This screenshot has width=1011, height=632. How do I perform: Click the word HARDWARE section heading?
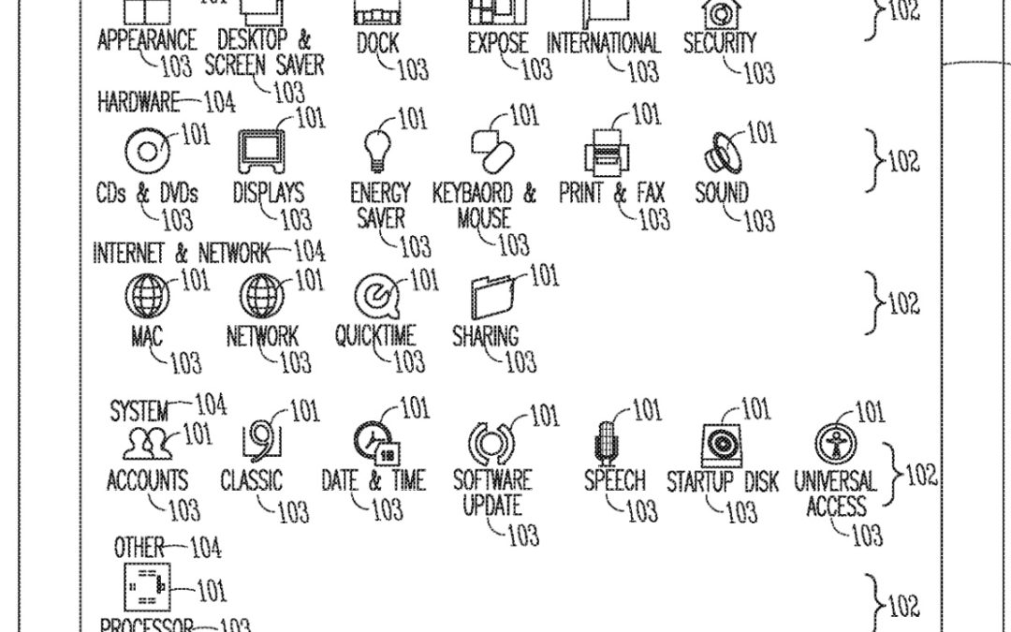138,101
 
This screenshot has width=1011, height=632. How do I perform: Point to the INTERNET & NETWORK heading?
181,254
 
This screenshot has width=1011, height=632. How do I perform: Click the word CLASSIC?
251,481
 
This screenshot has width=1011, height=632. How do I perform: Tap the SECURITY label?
719,43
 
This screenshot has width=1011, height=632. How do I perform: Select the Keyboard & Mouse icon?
492,151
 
